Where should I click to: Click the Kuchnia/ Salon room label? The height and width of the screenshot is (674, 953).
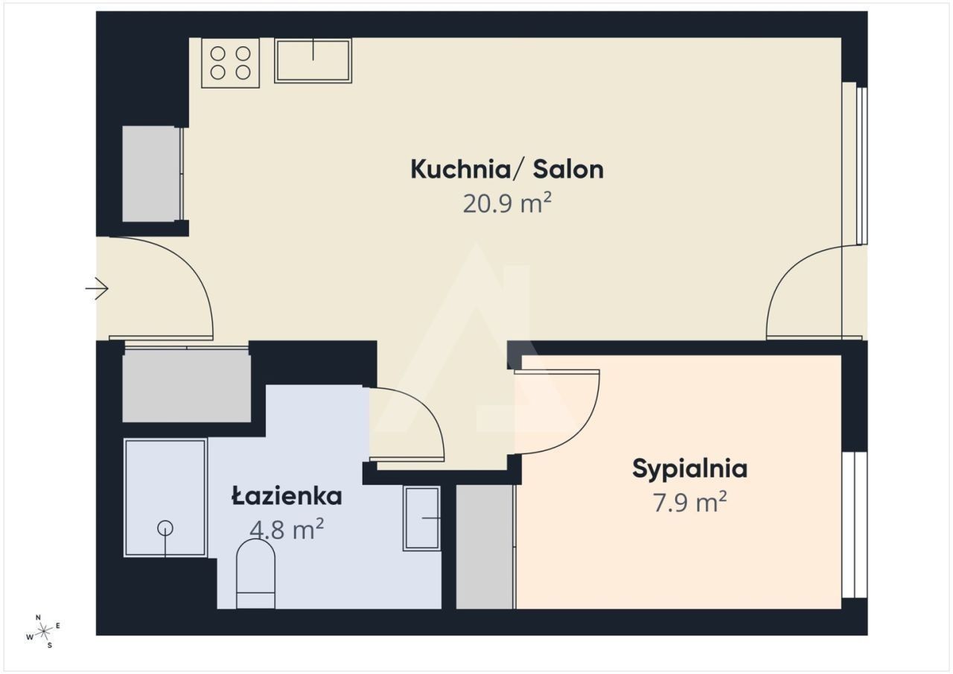coord(507,169)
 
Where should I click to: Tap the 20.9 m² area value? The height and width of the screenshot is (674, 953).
coord(507,203)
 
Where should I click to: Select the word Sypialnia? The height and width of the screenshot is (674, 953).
coord(689,470)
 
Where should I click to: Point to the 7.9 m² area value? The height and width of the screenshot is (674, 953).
coord(689,503)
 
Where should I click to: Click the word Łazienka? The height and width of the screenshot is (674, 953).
coord(287,496)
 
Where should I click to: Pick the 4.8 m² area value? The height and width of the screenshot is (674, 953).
coord(287,530)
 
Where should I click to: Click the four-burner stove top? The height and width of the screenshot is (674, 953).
coord(230,63)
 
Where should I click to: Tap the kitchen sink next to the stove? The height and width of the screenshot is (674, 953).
coord(313,60)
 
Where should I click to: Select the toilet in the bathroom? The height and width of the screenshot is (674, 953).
coord(255,573)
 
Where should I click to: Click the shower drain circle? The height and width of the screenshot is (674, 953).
coord(165,529)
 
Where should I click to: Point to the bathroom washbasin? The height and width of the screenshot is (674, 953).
coord(421,518)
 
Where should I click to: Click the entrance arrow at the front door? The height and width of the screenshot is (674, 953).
coord(97,288)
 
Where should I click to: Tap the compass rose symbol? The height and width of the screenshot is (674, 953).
coord(43,632)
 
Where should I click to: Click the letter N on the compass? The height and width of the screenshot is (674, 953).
coord(38,617)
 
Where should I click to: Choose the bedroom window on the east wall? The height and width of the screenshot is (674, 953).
coord(854,524)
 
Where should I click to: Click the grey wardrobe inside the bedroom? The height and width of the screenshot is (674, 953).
coord(485,547)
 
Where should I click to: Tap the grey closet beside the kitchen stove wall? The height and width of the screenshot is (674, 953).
coord(151,174)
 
